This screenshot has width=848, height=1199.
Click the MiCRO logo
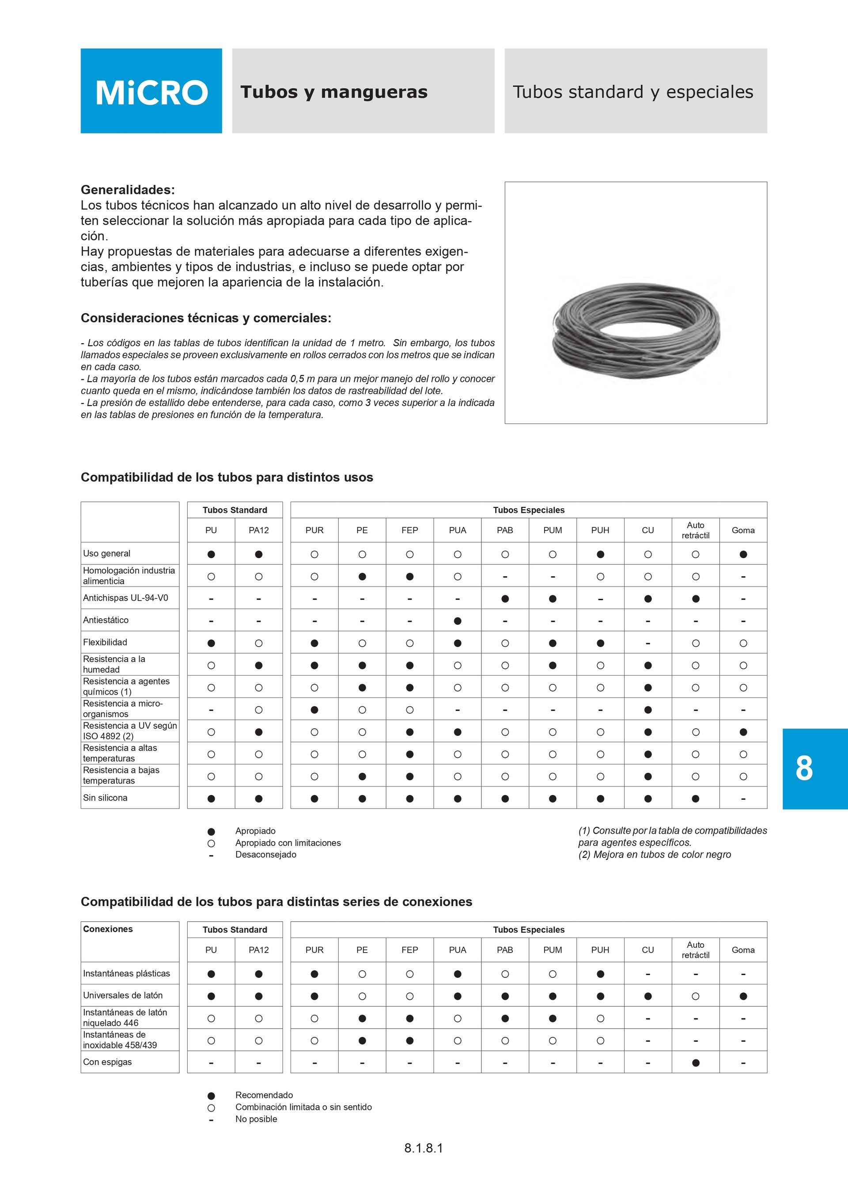[x=151, y=92]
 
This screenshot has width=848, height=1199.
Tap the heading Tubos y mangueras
[x=333, y=92]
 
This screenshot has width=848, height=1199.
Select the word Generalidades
[x=127, y=189]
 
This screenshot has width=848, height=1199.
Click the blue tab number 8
[x=804, y=768]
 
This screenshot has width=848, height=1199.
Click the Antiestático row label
[x=106, y=620]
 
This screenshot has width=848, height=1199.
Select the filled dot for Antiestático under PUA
[x=458, y=621]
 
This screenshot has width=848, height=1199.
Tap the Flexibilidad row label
[x=105, y=642]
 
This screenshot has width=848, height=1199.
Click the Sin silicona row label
[x=105, y=798]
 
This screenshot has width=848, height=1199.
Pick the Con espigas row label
[x=107, y=1062]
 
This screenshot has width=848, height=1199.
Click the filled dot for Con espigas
[x=696, y=1063]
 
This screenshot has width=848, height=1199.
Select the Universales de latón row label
[x=123, y=995]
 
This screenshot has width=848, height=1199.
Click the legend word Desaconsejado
[x=265, y=855]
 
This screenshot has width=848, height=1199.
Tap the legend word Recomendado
[x=264, y=1095]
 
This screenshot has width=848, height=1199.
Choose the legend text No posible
[x=256, y=1119]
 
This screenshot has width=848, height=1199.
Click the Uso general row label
[x=106, y=553]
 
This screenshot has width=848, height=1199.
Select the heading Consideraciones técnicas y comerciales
[x=206, y=318]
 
